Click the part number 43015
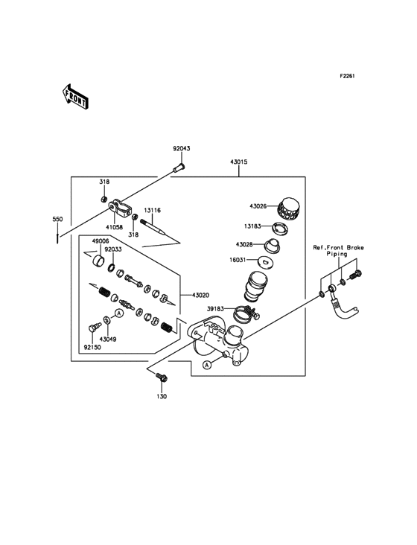click(239, 162)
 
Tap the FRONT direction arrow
click(76, 96)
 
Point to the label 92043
click(182, 148)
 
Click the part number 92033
click(114, 250)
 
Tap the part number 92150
click(93, 347)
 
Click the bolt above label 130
click(161, 379)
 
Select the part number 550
click(57, 220)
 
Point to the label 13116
click(152, 211)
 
